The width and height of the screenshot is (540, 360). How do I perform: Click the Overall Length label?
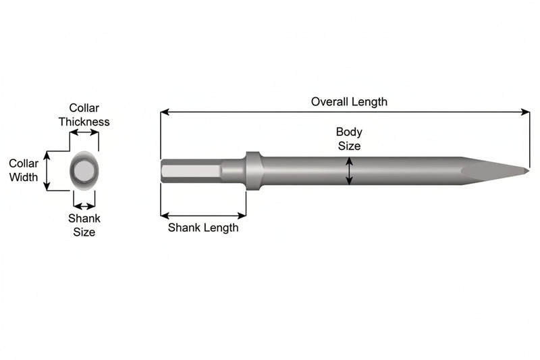pyautogui.click(x=349, y=101)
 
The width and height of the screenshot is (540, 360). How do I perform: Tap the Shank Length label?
pyautogui.click(x=203, y=228)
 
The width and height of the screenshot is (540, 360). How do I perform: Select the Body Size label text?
pyautogui.click(x=349, y=139)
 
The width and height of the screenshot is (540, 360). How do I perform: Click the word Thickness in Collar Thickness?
pyautogui.click(x=84, y=122)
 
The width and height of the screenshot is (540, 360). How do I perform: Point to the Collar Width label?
pyautogui.click(x=24, y=170)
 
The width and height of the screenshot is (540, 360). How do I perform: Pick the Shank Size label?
pyautogui.click(x=84, y=225)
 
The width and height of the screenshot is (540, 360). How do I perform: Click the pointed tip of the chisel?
pyautogui.click(x=529, y=170)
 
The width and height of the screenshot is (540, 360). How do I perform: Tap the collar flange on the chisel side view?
pyautogui.click(x=254, y=170)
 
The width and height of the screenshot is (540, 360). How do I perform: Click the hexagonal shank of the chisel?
pyautogui.click(x=191, y=171)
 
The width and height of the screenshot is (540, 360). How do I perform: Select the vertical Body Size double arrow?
pyautogui.click(x=349, y=171)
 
